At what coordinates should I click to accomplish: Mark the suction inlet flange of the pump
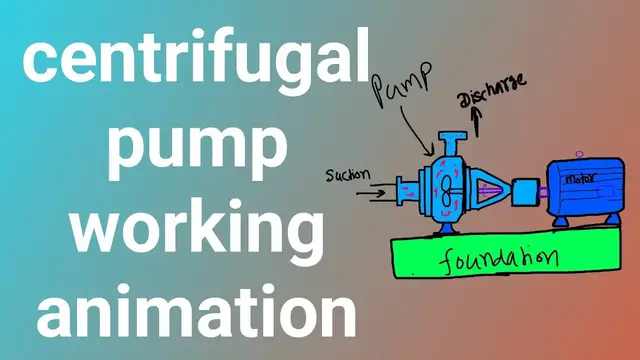(403, 188)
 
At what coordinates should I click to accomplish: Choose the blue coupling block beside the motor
(524, 190)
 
